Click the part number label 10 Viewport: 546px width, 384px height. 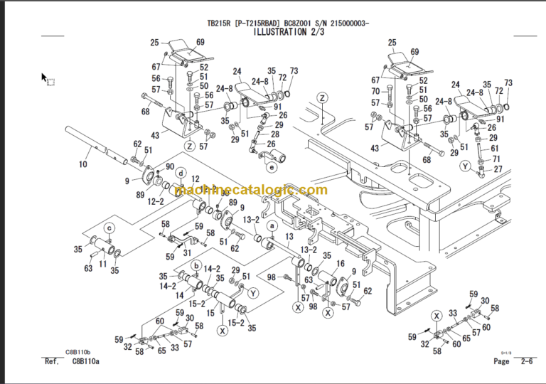[83, 164]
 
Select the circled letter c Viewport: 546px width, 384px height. [109, 228]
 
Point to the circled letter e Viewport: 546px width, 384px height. [272, 168]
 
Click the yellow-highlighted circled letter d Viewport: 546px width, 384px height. [181, 173]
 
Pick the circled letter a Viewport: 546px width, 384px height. [271, 225]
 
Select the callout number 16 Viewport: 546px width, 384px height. [340, 263]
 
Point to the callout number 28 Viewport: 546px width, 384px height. [275, 134]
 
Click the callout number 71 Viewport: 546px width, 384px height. [498, 159]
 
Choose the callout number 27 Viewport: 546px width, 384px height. [498, 169]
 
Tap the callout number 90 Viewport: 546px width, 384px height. [171, 166]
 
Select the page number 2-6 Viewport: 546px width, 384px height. [528, 362]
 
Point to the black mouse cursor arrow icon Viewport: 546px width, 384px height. [45, 77]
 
